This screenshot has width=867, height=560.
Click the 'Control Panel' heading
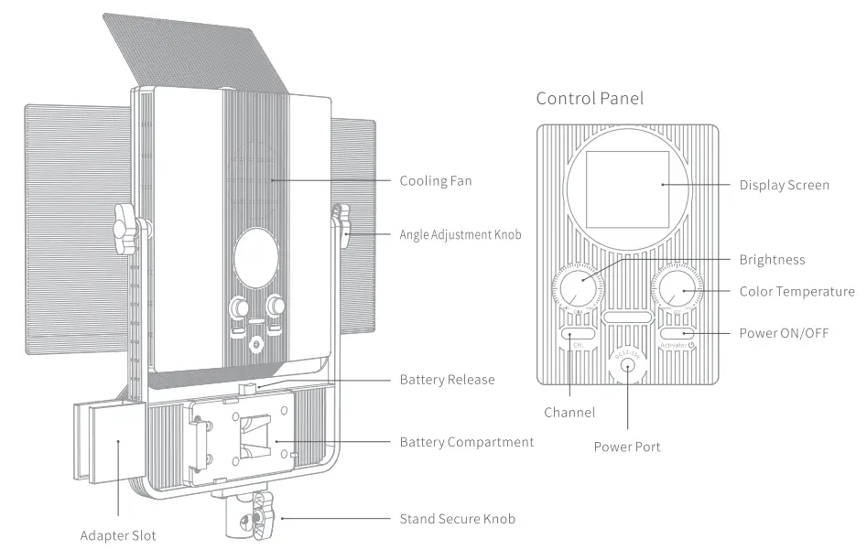coord(590,98)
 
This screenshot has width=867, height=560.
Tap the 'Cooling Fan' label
coord(436,180)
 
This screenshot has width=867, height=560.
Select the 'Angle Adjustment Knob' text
coord(461,234)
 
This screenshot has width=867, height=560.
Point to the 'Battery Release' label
coord(447,379)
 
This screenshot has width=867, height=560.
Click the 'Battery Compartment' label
coord(466,442)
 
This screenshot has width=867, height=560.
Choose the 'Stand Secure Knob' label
coord(457,519)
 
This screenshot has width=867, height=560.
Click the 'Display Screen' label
coord(784,185)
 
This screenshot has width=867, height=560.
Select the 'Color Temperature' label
coord(797,292)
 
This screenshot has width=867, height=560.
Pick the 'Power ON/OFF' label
coord(783,332)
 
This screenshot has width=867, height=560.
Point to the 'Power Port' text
coord(626,447)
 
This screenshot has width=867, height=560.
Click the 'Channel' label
coord(569,413)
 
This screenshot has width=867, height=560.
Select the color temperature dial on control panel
coord(676,291)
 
